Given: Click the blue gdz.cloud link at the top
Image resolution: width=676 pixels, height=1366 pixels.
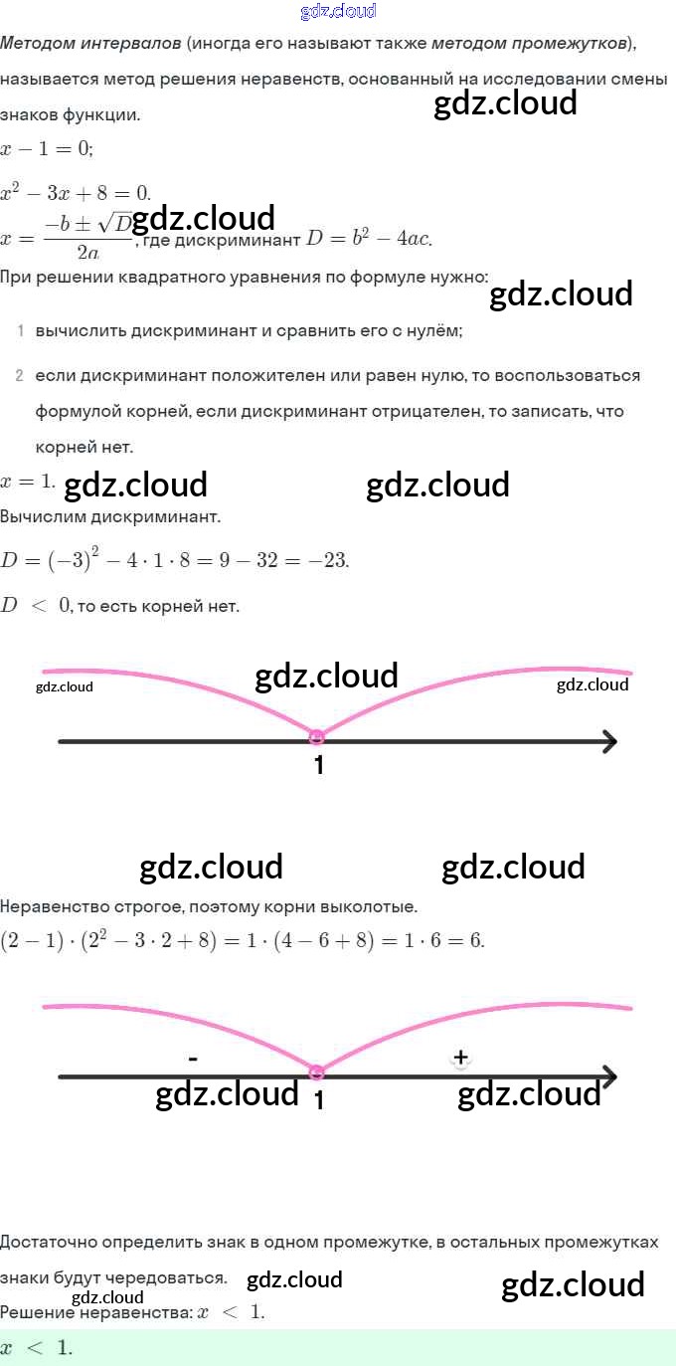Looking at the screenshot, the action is click(338, 11).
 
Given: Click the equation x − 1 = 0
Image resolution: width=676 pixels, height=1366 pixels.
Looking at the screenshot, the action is click(47, 149).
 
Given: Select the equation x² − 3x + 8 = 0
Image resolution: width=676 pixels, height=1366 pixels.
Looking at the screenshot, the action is click(75, 192).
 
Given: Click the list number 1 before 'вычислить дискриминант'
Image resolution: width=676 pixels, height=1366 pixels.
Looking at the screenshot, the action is click(20, 330).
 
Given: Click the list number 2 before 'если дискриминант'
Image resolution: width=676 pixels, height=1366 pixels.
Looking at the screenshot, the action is click(20, 376).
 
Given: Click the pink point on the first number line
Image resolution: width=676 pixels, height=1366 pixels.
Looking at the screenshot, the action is click(317, 737).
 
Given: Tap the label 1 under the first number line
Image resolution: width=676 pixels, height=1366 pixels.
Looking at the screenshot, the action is click(319, 766).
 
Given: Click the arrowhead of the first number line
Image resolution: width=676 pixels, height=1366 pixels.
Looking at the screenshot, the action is click(609, 741).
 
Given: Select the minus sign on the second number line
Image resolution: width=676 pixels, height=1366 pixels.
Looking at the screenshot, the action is click(193, 1059).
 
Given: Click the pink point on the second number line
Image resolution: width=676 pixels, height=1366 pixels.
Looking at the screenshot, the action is click(317, 1073).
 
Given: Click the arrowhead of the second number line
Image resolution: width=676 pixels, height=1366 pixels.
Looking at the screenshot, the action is click(609, 1076).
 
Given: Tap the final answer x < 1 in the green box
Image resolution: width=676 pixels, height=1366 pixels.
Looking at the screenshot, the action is click(37, 1348).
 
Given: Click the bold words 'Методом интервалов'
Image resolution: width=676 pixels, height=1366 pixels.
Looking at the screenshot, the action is click(91, 44).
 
